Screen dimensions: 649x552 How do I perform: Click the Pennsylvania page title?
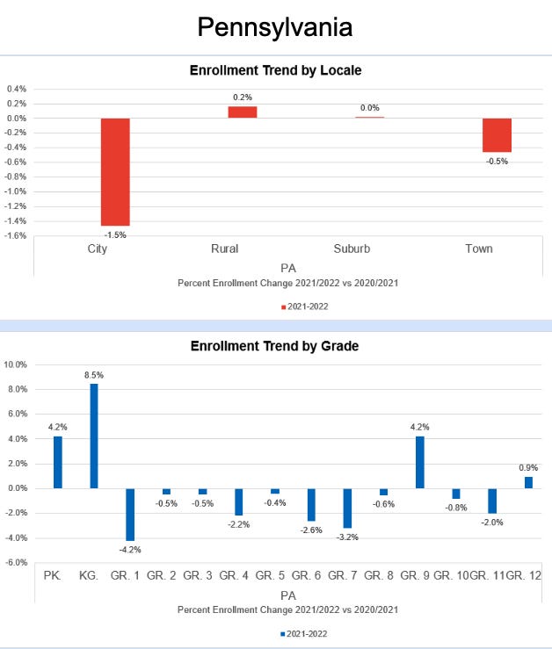275,26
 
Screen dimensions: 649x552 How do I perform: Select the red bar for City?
115,172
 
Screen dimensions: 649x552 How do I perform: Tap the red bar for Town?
497,135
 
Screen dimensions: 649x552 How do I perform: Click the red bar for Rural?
243,112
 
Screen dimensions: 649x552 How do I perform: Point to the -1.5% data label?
115,235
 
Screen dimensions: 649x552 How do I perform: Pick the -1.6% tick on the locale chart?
16,235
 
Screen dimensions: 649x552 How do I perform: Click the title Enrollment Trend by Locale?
275,69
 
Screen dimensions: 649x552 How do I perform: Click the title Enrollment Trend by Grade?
275,346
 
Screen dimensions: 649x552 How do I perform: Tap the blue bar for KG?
94,436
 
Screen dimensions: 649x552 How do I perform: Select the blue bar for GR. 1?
130,514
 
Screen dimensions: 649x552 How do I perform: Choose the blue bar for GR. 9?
419,462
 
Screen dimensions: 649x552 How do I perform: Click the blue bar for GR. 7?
347,508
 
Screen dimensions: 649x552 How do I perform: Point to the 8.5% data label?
94,375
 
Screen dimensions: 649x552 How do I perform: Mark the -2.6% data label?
311,530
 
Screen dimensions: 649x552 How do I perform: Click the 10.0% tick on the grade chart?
16,364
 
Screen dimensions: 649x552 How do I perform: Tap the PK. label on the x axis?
52,575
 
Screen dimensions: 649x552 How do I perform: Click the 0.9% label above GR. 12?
528,468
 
